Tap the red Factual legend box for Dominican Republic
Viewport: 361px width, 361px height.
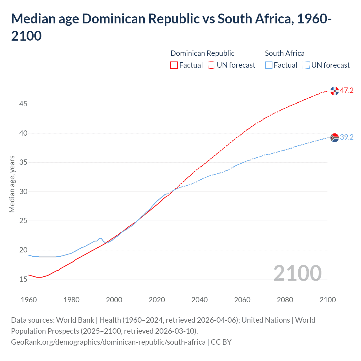174,65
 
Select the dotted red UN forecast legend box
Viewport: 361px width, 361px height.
212,65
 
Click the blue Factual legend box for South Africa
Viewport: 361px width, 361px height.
269,65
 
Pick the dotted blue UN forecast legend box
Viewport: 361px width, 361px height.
306,65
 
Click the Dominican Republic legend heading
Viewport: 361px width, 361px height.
202,53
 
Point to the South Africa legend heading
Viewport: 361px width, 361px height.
285,53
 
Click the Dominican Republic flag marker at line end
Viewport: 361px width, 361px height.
334,91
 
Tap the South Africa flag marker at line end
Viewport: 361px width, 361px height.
334,138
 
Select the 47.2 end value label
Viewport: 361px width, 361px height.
347,91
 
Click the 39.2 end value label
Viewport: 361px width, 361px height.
347,137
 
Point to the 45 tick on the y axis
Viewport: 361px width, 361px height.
23,104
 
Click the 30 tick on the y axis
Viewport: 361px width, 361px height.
23,192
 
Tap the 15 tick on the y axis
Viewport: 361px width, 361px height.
23,279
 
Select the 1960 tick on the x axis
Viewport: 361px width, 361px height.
29,300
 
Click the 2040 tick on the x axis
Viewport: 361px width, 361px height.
199,300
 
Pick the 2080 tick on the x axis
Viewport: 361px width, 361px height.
285,300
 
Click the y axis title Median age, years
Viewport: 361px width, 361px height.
12,184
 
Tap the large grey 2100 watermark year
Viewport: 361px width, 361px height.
297,273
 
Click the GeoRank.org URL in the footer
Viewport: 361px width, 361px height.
108,342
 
